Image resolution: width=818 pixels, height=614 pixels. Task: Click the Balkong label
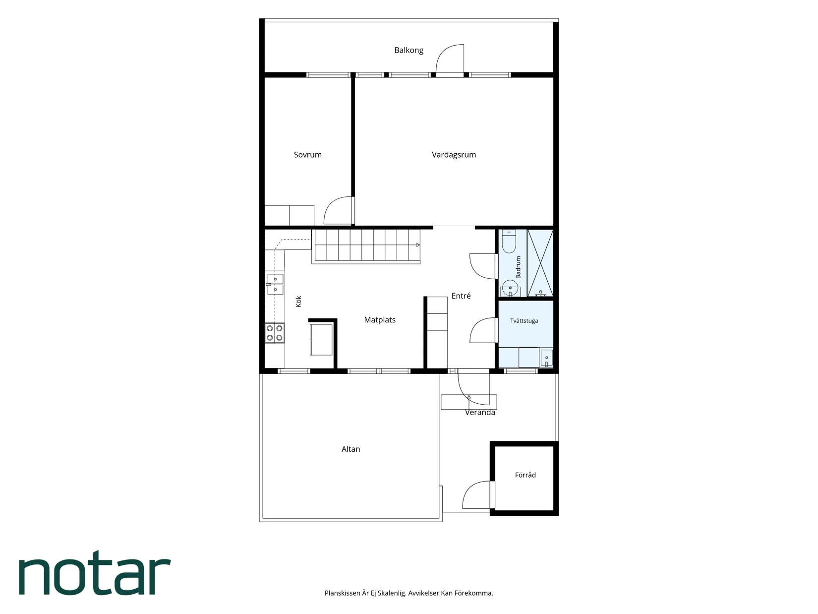(409, 50)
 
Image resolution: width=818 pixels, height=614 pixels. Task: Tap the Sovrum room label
(307, 155)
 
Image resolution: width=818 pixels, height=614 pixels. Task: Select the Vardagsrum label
(454, 155)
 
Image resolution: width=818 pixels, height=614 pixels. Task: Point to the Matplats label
(379, 320)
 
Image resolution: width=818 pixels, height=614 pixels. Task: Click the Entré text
(461, 296)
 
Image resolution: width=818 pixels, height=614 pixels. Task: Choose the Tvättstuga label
(524, 320)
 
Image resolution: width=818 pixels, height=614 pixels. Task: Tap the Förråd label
(525, 475)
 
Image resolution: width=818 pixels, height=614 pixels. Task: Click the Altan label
(351, 449)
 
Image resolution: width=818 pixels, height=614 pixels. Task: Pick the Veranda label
(480, 412)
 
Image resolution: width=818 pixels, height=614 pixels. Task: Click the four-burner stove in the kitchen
(275, 333)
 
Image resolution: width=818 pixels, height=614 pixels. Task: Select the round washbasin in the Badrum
(510, 288)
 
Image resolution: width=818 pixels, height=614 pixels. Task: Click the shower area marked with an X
(540, 263)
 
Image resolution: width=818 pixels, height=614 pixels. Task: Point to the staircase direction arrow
(418, 245)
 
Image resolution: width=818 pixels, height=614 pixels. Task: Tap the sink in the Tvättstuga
(547, 359)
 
